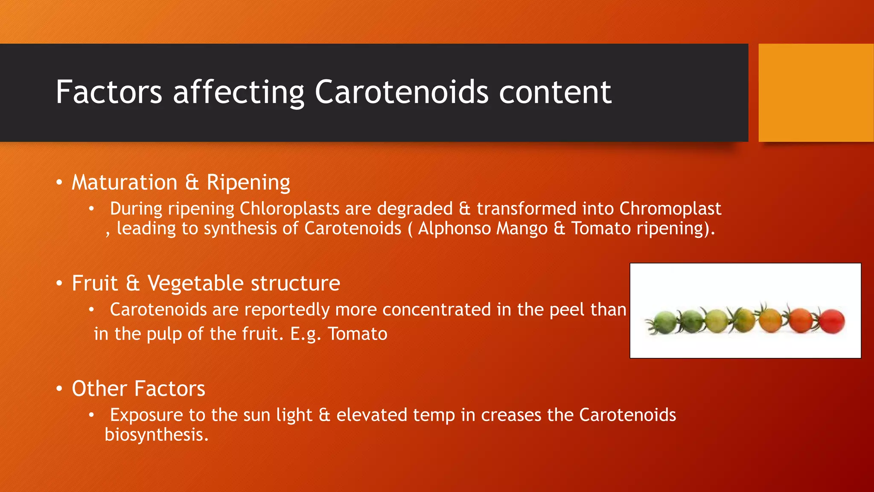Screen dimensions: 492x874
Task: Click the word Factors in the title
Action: tap(109, 92)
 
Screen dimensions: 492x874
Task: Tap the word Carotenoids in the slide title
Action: tap(401, 92)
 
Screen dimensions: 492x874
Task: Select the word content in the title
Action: tap(555, 92)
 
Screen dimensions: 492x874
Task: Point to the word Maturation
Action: tap(124, 183)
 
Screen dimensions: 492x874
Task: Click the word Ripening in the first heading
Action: tap(248, 183)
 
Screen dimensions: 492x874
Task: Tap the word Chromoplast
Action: tap(670, 209)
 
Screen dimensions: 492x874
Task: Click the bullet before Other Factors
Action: tap(59, 389)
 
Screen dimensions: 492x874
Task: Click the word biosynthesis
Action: tap(156, 435)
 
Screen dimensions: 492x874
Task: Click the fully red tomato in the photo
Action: tap(831, 322)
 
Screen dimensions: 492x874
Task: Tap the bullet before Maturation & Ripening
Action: tap(59, 183)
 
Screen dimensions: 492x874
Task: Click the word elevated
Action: tap(371, 415)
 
